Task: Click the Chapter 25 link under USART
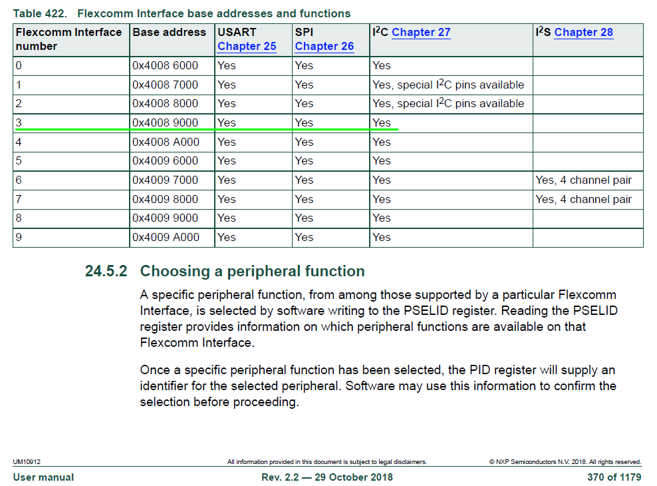[x=247, y=47]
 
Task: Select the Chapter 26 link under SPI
[x=325, y=47]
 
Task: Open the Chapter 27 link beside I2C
[x=421, y=33]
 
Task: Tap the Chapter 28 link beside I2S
[x=583, y=33]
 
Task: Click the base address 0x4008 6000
[x=166, y=66]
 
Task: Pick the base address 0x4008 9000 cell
[x=166, y=122]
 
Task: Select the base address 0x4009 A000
[x=166, y=237]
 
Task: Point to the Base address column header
[x=170, y=33]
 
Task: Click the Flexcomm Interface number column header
[x=68, y=39]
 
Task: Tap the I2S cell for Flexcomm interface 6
[x=583, y=180]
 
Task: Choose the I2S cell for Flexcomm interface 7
[x=583, y=199]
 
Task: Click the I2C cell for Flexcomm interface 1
[x=448, y=85]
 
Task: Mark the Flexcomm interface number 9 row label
[x=19, y=237]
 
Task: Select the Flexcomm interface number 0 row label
[x=19, y=66]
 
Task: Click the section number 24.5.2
[x=106, y=272]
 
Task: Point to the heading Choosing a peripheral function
[x=252, y=272]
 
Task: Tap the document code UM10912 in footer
[x=27, y=461]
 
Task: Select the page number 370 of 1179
[x=614, y=477]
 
